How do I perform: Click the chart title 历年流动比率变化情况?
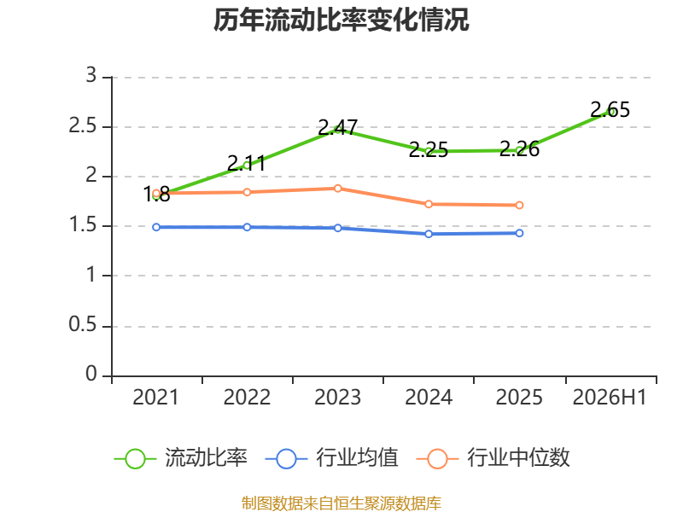tap(341, 20)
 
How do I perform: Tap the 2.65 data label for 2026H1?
tap(610, 110)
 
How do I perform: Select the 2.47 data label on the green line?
tap(337, 127)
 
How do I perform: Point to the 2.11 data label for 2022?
tap(247, 164)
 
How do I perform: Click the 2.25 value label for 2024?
tap(429, 150)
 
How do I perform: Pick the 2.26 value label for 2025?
tap(519, 148)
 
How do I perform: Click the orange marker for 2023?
tap(337, 189)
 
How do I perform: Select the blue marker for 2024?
tap(429, 234)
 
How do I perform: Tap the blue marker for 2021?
tap(156, 227)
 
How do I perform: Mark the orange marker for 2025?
tap(519, 205)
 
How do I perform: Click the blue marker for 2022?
tap(247, 227)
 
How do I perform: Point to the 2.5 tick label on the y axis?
tap(82, 126)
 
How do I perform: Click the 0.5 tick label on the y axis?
tap(82, 325)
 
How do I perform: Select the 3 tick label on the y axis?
tap(90, 75)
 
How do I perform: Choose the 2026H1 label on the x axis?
tap(610, 398)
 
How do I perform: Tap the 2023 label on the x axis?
tap(337, 398)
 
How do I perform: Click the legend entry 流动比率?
tap(181, 458)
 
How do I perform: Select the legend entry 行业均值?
tap(332, 458)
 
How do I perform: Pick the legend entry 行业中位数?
tap(493, 458)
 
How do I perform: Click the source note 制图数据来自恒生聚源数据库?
tap(341, 503)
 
